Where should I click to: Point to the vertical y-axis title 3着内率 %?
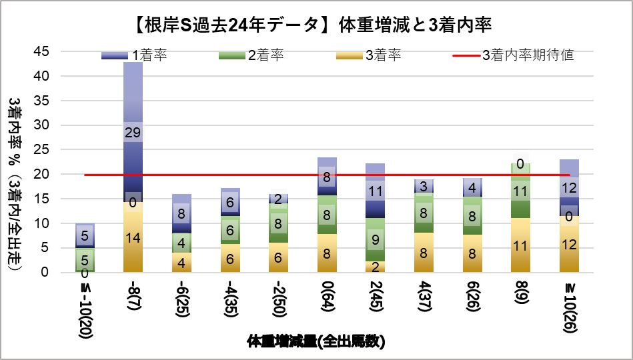pos(15,180)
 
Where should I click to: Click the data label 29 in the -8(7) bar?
pos(133,132)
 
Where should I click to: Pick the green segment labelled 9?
pos(376,239)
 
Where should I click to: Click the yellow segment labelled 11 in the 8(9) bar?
pos(520,245)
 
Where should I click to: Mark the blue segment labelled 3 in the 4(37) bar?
pos(424,186)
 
